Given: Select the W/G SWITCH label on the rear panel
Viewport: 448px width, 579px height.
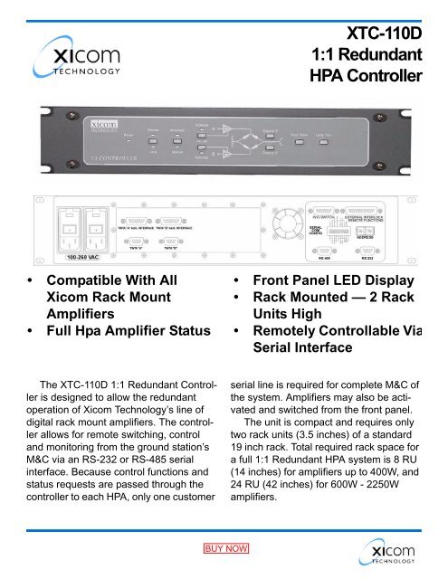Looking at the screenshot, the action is (324, 216).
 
